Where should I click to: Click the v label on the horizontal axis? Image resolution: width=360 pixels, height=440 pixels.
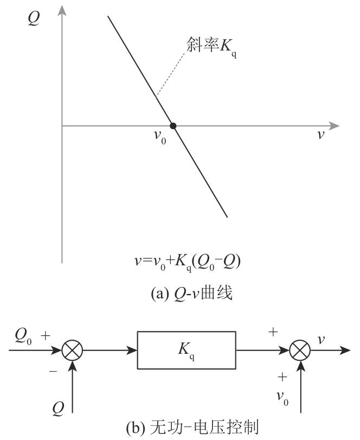pos(321,134)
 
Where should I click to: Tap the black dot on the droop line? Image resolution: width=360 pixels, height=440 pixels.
pos(173,126)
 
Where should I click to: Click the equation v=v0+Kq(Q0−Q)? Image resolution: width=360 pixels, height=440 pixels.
pos(187,262)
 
